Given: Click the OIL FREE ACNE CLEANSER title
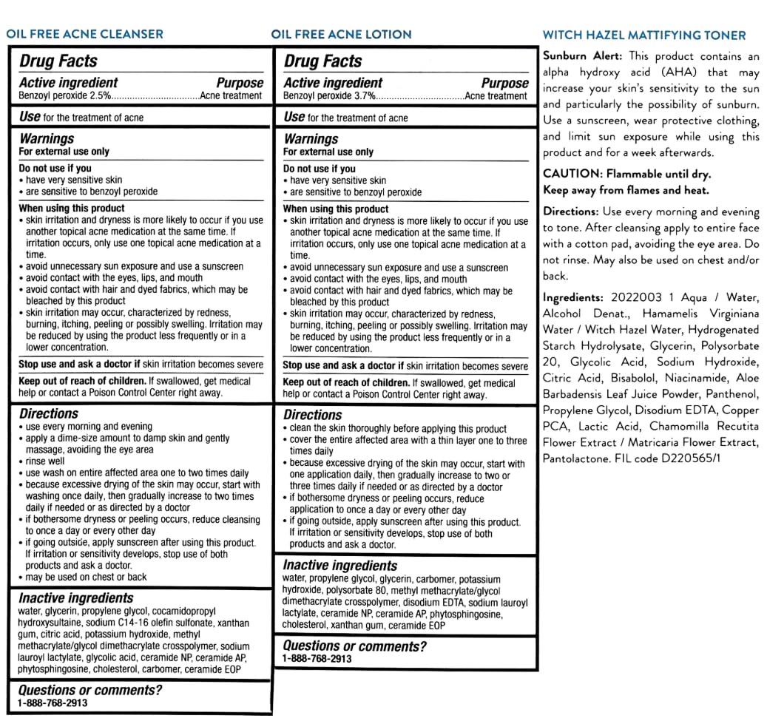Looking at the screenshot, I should [x=84, y=33].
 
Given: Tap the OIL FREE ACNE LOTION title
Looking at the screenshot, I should [x=341, y=34].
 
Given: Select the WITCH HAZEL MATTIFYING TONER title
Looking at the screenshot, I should [x=644, y=35].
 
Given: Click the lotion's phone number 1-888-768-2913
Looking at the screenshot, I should [x=317, y=658].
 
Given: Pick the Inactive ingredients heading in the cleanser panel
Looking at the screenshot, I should [x=76, y=598].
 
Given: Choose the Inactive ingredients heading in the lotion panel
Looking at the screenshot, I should [x=340, y=566].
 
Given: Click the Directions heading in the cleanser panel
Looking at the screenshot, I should [x=49, y=414].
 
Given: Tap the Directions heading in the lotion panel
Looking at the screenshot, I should [x=312, y=415].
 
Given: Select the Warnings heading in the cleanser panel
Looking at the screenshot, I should [x=47, y=138].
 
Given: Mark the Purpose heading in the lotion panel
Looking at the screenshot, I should [x=504, y=84].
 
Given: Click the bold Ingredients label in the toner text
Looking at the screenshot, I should [x=575, y=297].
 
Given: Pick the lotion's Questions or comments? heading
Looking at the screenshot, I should [x=355, y=646].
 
